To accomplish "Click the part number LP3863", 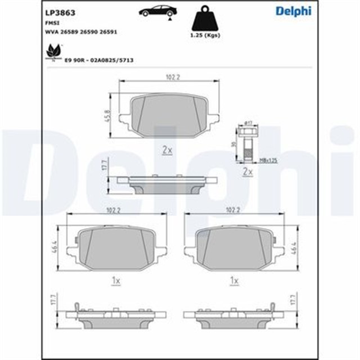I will (x=56, y=11).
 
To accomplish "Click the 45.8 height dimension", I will (x=107, y=115).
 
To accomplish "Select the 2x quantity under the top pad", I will (x=166, y=150).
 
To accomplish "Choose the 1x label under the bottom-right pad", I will (x=235, y=280).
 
